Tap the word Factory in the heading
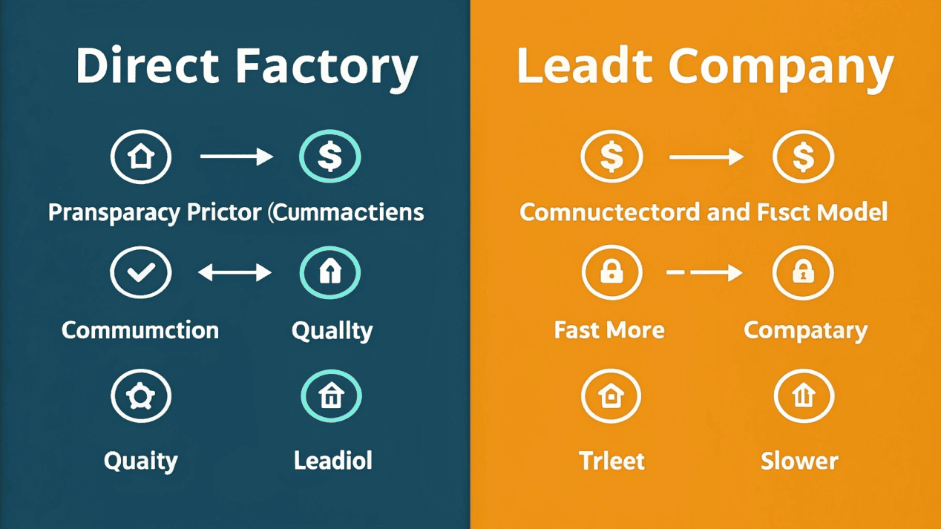click(x=327, y=67)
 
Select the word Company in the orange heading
click(x=781, y=67)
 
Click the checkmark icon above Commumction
click(x=141, y=272)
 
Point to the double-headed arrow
click(x=235, y=273)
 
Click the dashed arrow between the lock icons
click(x=704, y=273)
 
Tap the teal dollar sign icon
click(x=329, y=157)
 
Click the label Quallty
click(x=332, y=330)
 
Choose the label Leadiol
click(x=332, y=461)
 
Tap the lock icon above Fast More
click(x=611, y=272)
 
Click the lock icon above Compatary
click(x=803, y=272)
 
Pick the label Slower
click(x=799, y=461)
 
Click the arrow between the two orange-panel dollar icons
click(x=706, y=157)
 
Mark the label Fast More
click(x=609, y=330)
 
